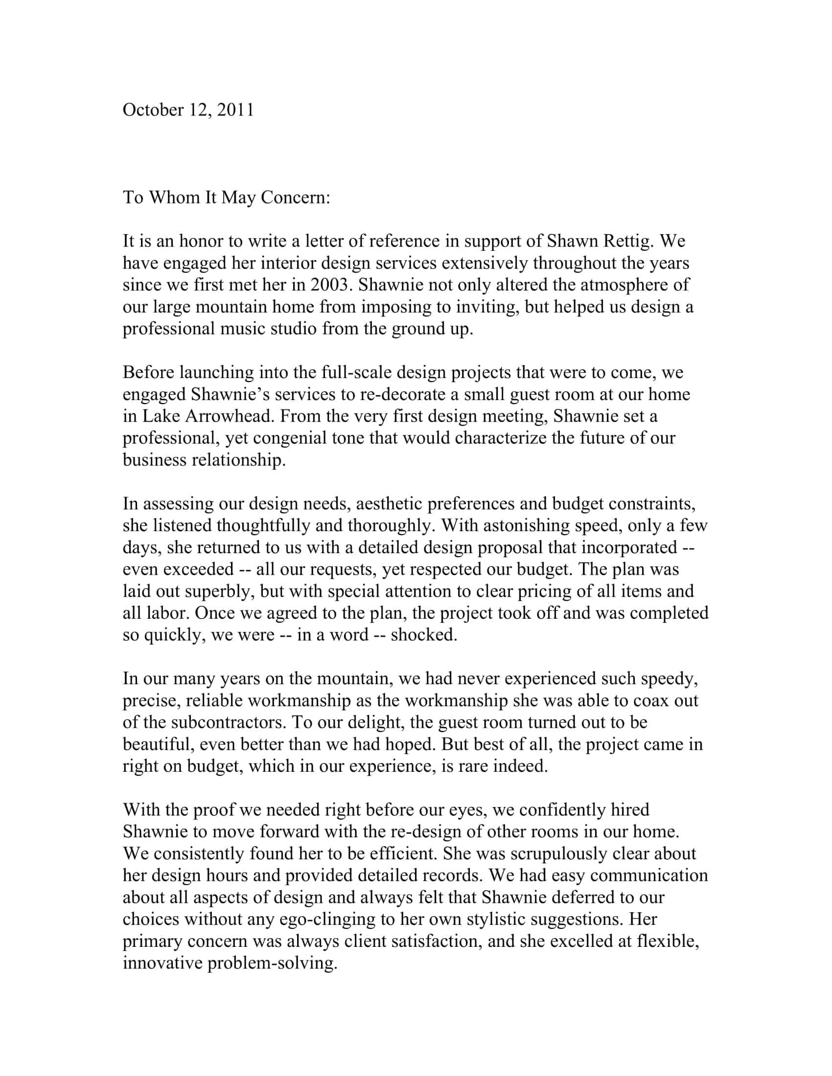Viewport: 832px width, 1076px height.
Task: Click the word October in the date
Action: pos(153,110)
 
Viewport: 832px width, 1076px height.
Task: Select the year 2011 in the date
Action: pos(235,110)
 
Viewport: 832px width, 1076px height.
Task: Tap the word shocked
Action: pos(423,635)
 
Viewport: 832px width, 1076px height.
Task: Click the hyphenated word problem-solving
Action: pos(272,963)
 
